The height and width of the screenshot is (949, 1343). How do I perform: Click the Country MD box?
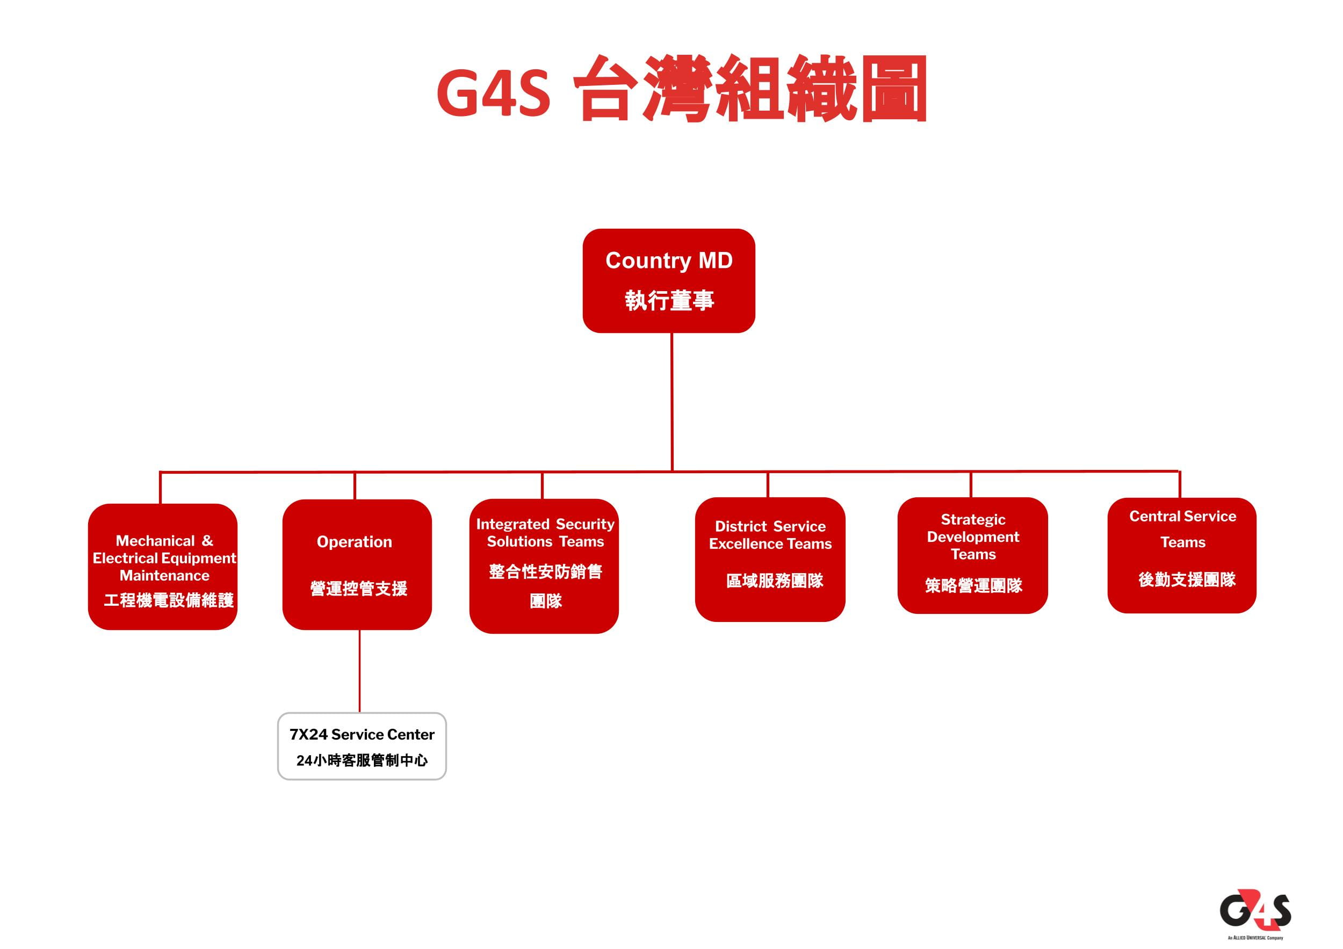click(669, 281)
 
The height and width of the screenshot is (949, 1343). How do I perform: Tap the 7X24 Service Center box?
click(362, 745)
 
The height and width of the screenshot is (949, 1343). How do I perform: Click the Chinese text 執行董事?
click(669, 301)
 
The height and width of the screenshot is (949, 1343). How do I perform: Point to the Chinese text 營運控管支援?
click(358, 588)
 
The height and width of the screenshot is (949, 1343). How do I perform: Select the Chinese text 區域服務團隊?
click(775, 581)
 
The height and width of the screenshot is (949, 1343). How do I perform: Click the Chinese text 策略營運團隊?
click(973, 585)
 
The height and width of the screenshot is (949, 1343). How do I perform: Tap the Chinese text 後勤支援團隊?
click(1187, 579)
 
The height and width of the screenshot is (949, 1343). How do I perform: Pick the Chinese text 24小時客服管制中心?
click(362, 760)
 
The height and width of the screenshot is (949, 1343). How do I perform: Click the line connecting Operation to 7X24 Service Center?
click(359, 671)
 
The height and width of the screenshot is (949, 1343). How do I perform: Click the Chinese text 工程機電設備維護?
click(169, 600)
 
